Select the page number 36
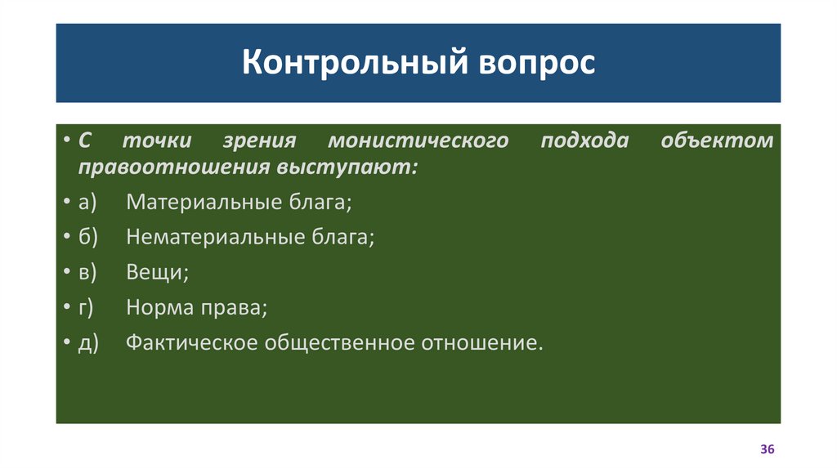(767, 450)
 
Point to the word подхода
(584, 141)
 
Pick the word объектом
(716, 141)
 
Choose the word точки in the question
(157, 141)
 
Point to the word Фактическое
(190, 342)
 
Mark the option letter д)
(88, 342)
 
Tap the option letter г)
(87, 307)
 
